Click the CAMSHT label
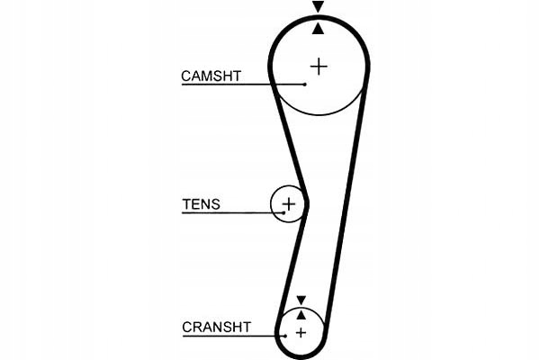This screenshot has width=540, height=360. click(211, 76)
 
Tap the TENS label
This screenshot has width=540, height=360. click(200, 204)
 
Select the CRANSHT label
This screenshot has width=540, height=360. click(216, 327)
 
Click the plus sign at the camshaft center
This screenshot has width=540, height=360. click(319, 66)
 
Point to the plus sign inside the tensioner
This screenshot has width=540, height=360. click(289, 204)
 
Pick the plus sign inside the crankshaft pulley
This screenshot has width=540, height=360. click(301, 333)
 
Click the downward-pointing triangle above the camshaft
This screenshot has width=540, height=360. click(318, 7)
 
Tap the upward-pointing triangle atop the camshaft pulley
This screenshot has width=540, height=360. click(318, 29)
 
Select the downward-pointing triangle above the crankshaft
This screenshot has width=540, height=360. click(301, 300)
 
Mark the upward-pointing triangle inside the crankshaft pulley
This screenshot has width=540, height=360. click(301, 314)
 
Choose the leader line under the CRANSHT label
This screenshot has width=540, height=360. click(229, 336)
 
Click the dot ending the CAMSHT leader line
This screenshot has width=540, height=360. click(305, 85)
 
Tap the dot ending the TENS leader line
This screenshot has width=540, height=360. click(283, 213)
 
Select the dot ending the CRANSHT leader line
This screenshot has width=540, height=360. click(283, 336)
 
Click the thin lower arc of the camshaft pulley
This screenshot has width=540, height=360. click(319, 114)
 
